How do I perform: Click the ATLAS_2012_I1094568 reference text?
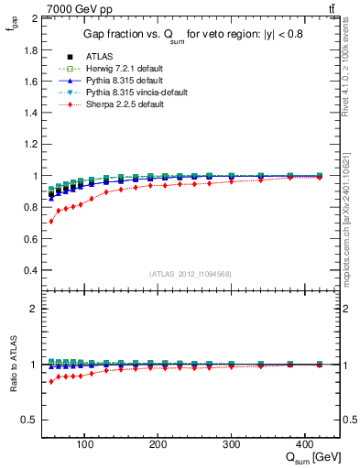tap(191, 274)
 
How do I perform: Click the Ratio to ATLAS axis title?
tap(13, 365)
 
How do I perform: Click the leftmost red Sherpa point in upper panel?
tap(51, 222)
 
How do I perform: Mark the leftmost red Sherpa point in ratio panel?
tap(51, 381)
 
